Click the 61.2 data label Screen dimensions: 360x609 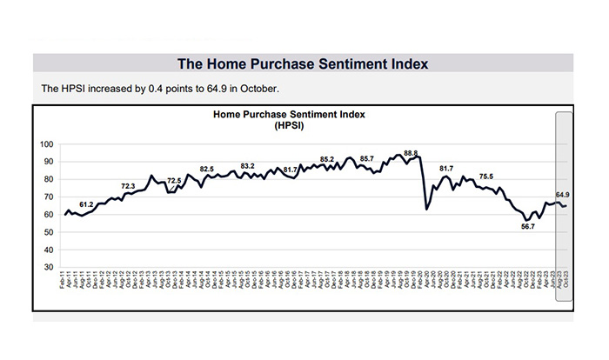[86, 203]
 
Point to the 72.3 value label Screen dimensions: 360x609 [128, 186]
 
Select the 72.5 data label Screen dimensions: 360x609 [174, 181]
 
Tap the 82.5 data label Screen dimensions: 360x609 [207, 169]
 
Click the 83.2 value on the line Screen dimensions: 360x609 [247, 165]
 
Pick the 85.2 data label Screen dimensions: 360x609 [327, 159]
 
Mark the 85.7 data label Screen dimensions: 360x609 [366, 159]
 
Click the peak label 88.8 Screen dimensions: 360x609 [411, 153]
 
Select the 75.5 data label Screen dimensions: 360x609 [485, 177]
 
